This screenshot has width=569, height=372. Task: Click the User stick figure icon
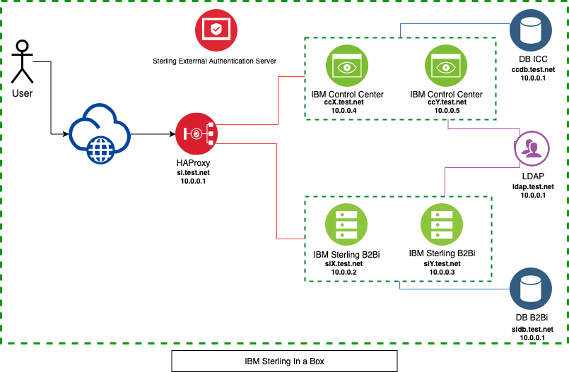tap(23, 62)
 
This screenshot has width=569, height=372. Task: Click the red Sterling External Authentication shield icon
tap(216, 30)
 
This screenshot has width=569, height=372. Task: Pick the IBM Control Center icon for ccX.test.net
tap(347, 67)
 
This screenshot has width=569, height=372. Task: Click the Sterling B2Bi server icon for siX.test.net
tap(346, 224)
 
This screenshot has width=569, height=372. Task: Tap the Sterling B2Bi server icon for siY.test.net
tap(441, 224)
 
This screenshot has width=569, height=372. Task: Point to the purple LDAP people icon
tap(532, 149)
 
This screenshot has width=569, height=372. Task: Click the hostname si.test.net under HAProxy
tap(193, 172)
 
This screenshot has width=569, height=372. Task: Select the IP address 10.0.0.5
tap(446, 111)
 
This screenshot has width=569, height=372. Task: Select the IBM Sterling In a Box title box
tap(284, 361)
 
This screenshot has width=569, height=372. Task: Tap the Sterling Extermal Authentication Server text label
tap(214, 61)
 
